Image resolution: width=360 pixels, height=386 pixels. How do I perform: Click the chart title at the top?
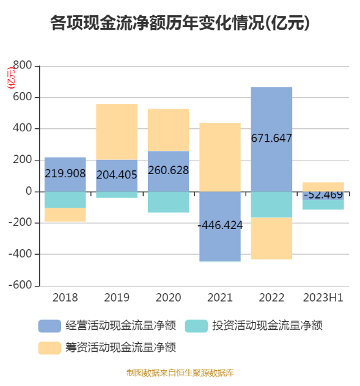pyautogui.click(x=180, y=24)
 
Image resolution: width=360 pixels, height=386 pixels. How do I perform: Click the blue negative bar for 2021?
pyautogui.click(x=220, y=244)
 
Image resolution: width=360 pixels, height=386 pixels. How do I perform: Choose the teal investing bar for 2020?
pyautogui.click(x=168, y=202)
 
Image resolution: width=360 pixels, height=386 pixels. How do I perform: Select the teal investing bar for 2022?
pyautogui.click(x=271, y=205)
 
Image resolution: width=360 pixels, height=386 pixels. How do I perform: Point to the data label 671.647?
pyautogui.click(x=271, y=138)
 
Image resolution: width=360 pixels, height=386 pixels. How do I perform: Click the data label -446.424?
pyautogui.click(x=220, y=225)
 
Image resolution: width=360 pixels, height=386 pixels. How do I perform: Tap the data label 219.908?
pyautogui.click(x=65, y=173)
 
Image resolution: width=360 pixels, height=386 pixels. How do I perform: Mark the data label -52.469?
pyautogui.click(x=323, y=195)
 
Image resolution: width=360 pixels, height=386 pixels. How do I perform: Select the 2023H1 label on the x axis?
pyautogui.click(x=323, y=298)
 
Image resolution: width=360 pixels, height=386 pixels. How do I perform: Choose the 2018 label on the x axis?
pyautogui.click(x=65, y=298)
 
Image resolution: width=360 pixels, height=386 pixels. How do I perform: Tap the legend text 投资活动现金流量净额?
pyautogui.click(x=266, y=326)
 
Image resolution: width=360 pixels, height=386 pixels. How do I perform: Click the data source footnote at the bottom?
pyautogui.click(x=180, y=373)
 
